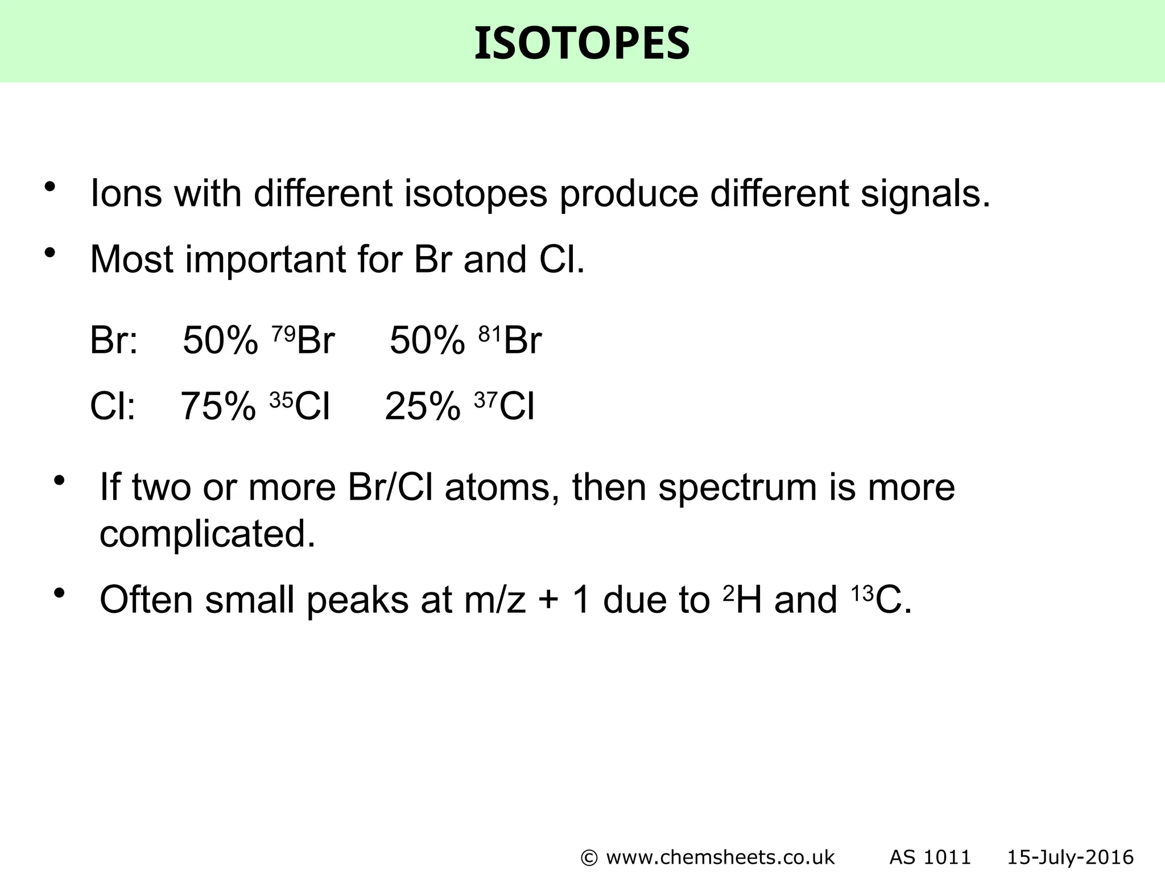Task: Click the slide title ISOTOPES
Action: pos(582,44)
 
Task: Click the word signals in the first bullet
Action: pos(925,193)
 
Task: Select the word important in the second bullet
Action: pos(265,260)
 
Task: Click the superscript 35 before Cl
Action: pos(281,401)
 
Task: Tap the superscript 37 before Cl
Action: pos(486,401)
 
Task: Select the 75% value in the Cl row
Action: pos(218,406)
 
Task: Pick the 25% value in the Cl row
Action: pos(423,406)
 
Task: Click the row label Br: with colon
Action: pos(114,340)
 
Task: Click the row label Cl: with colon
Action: pos(113,406)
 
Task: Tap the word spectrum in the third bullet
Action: pos(737,488)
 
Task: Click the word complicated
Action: pos(207,534)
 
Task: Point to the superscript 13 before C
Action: pos(862,593)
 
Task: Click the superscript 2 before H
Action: pos(729,593)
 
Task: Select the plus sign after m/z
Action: pos(548,601)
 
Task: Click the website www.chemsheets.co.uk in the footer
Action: pos(720,857)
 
